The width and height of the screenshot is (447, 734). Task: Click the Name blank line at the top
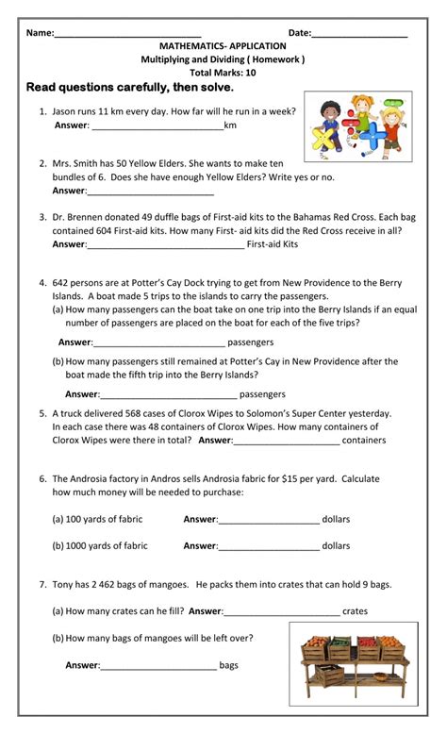click(x=127, y=34)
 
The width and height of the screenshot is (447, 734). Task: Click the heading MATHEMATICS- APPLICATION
click(x=223, y=46)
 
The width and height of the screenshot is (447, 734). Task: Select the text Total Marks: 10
click(x=223, y=73)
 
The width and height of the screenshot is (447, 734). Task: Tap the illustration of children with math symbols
click(x=358, y=125)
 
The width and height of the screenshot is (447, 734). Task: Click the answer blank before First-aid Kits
click(x=165, y=244)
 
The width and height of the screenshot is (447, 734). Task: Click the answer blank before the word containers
click(x=286, y=441)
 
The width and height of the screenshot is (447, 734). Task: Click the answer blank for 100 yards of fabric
click(x=269, y=520)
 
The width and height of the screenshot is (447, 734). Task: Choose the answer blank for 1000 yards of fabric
click(x=269, y=546)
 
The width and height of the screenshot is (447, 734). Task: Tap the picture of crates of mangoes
click(x=353, y=660)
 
